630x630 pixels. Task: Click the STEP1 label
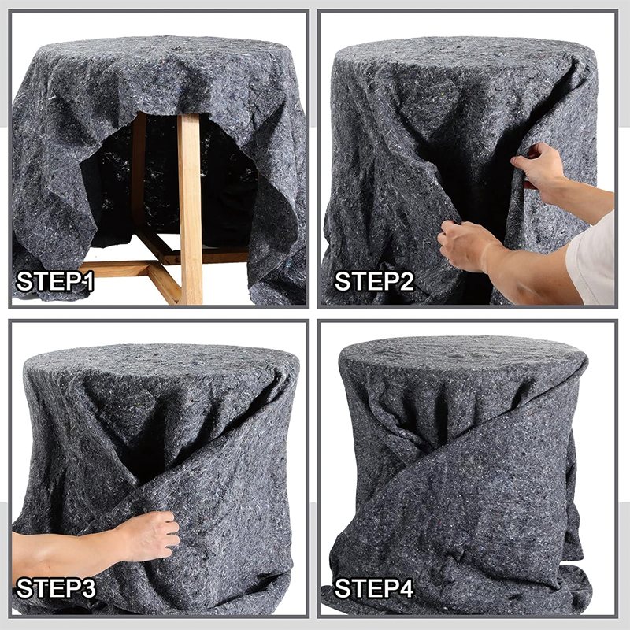pyautogui.click(x=56, y=281)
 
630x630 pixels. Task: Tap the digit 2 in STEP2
pyautogui.click(x=405, y=281)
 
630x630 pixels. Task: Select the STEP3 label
pyautogui.click(x=57, y=588)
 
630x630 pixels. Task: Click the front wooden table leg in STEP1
pyautogui.click(x=190, y=205)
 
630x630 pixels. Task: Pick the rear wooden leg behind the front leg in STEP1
pyautogui.click(x=139, y=173)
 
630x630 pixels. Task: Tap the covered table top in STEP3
pyautogui.click(x=157, y=362)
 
